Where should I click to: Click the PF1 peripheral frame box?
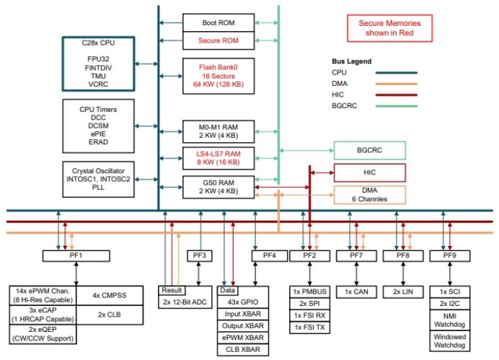pos(76,255)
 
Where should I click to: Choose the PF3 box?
pos(200,255)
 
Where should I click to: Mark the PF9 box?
pos(449,255)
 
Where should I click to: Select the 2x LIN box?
pos(403,291)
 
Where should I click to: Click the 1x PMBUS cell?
pos(310,291)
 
